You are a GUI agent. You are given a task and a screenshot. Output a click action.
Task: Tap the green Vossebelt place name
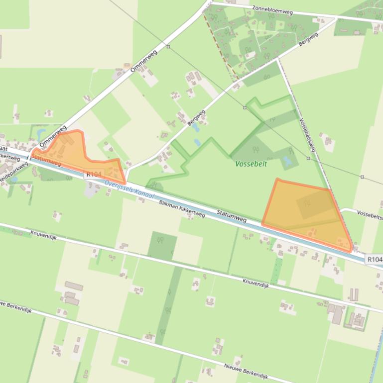coord(251,164)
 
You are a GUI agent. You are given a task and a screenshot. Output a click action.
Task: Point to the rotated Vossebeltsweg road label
coord(307,135)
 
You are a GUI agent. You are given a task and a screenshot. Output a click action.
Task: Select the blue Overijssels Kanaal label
coord(129,190)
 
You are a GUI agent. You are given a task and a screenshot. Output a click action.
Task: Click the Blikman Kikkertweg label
coord(182,208)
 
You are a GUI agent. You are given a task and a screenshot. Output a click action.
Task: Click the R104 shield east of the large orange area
coord(375,260)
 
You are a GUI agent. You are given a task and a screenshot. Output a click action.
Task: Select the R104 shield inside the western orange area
coord(94,174)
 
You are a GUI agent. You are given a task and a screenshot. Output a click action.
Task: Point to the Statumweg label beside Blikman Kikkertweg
coord(232,217)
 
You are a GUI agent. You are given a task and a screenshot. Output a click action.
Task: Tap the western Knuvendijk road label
coord(43,233)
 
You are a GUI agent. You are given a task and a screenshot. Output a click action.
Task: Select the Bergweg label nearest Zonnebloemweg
coord(308,40)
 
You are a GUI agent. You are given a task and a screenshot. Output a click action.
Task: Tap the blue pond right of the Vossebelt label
coord(287,161)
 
